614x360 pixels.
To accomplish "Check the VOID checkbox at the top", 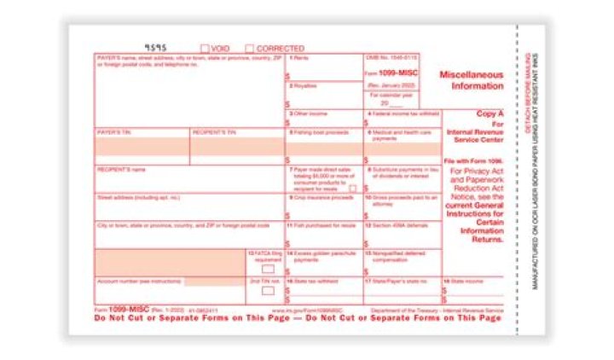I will (205, 49).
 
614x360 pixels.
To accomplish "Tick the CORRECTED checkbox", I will (250, 49).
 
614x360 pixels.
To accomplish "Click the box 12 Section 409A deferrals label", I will (397, 225).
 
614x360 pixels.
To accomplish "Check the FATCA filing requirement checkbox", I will (268, 269).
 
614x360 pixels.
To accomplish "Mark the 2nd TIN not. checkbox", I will (268, 290).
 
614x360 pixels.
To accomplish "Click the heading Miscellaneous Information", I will (472, 80).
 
